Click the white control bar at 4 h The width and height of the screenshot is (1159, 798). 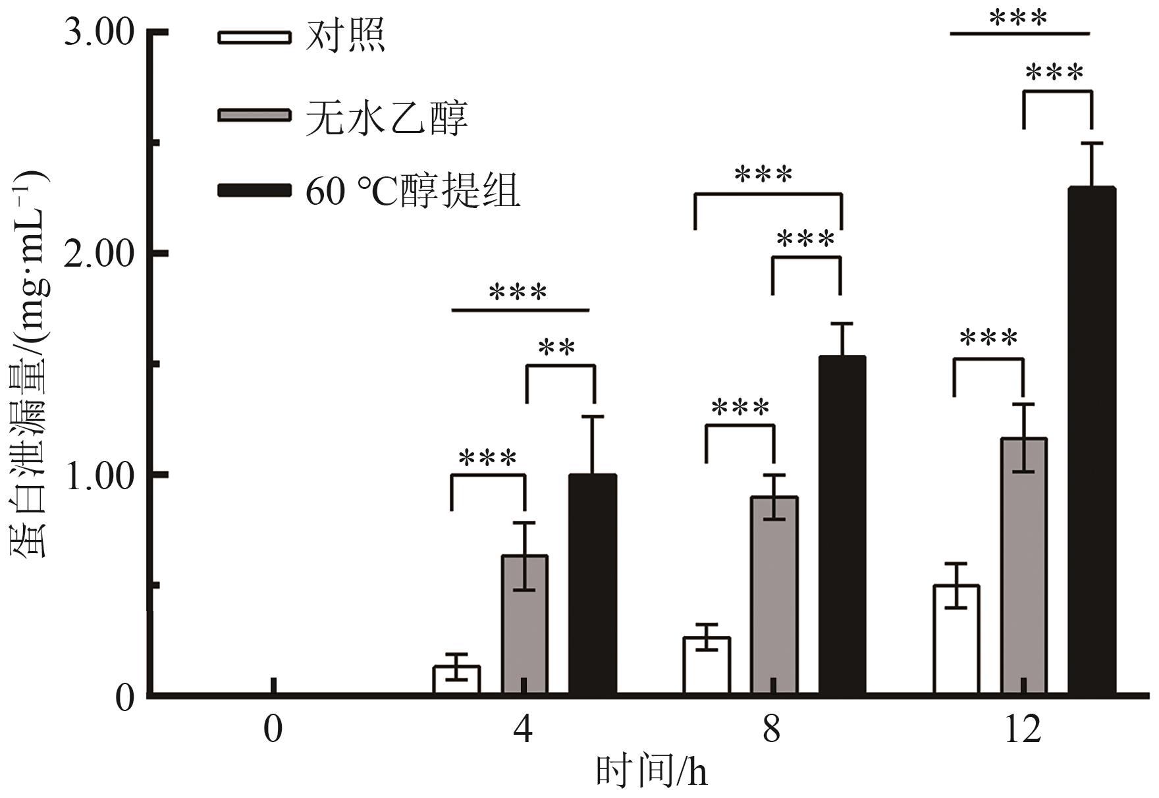pyautogui.click(x=456, y=680)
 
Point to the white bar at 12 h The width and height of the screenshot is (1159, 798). pyautogui.click(x=956, y=639)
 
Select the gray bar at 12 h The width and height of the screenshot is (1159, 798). pyautogui.click(x=1024, y=566)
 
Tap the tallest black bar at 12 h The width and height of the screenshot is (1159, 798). pyautogui.click(x=1092, y=440)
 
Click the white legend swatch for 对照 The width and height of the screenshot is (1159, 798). pyautogui.click(x=254, y=37)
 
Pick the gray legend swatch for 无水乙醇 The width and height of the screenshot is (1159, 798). pyautogui.click(x=254, y=115)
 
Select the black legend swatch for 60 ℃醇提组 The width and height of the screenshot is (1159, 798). pyautogui.click(x=254, y=190)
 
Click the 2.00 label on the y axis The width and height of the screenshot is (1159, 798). pyautogui.click(x=99, y=253)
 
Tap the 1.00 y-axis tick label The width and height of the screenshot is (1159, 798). pyautogui.click(x=99, y=475)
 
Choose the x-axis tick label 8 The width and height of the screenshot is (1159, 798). pyautogui.click(x=772, y=730)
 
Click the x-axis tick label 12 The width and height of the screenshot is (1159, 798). pyautogui.click(x=1023, y=730)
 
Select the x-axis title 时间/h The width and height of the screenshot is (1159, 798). pyautogui.click(x=652, y=772)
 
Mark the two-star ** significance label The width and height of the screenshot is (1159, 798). pyautogui.click(x=557, y=348)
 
